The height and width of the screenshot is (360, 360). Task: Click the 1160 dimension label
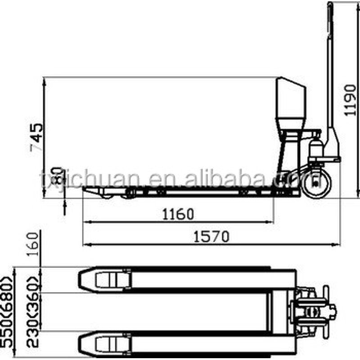pos(179,214)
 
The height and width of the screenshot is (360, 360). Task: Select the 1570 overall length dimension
pos(211,236)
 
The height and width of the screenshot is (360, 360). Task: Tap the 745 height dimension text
pos(37,137)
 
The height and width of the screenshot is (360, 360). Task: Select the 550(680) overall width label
pos(8,311)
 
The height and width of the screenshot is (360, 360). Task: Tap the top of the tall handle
pos(330,5)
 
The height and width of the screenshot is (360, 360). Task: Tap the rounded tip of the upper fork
pos(82,279)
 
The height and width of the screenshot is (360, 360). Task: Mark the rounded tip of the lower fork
pos(82,343)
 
